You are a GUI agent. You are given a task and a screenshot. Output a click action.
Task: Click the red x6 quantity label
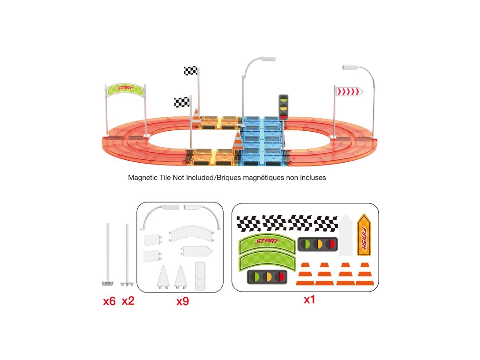(x=109, y=301)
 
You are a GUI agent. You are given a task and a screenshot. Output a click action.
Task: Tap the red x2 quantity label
(x=128, y=301)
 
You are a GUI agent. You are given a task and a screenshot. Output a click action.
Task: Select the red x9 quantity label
(x=182, y=301)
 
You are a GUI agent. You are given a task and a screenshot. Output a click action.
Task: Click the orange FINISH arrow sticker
(x=364, y=234)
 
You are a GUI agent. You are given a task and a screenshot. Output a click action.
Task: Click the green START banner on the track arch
(x=125, y=88)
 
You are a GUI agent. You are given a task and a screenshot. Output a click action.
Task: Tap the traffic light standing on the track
(x=283, y=106)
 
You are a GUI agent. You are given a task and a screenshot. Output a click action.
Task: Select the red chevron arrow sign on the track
(x=349, y=91)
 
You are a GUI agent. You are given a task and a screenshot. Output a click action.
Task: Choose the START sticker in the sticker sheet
(x=267, y=242)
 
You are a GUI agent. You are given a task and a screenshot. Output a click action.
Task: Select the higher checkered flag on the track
(x=191, y=71)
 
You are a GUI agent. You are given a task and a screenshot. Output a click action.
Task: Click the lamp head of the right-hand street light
(x=350, y=68)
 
